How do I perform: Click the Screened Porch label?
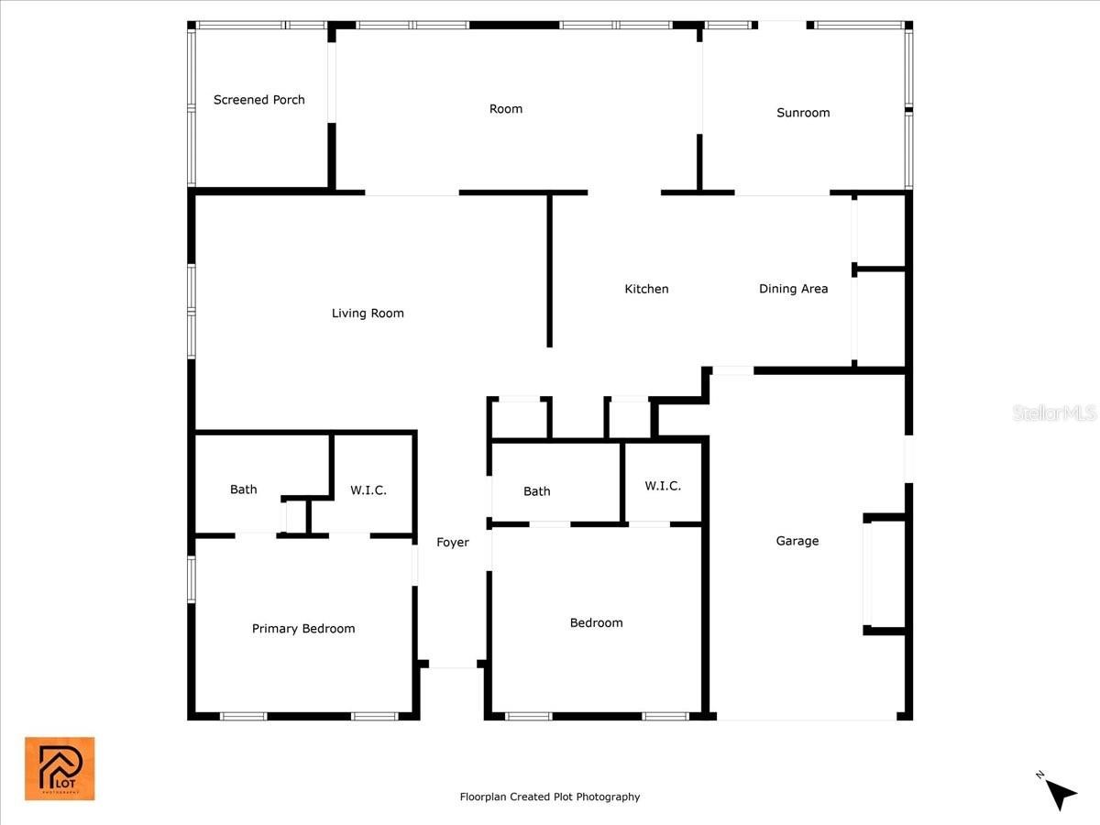259,100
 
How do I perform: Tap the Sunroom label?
803,113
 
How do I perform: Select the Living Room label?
368,313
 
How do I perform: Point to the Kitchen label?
646,289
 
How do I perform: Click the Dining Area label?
793,289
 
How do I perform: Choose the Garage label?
797,541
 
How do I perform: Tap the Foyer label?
453,543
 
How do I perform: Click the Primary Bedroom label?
303,629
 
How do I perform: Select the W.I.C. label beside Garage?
663,486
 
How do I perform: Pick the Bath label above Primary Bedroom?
244,489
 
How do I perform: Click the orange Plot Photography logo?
60,768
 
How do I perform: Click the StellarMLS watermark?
1054,412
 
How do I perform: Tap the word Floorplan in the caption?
483,797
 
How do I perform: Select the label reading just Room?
506,109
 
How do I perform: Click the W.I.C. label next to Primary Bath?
368,490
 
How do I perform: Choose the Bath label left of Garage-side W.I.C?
537,491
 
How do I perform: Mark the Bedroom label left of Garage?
597,623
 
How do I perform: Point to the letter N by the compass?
1039,775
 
